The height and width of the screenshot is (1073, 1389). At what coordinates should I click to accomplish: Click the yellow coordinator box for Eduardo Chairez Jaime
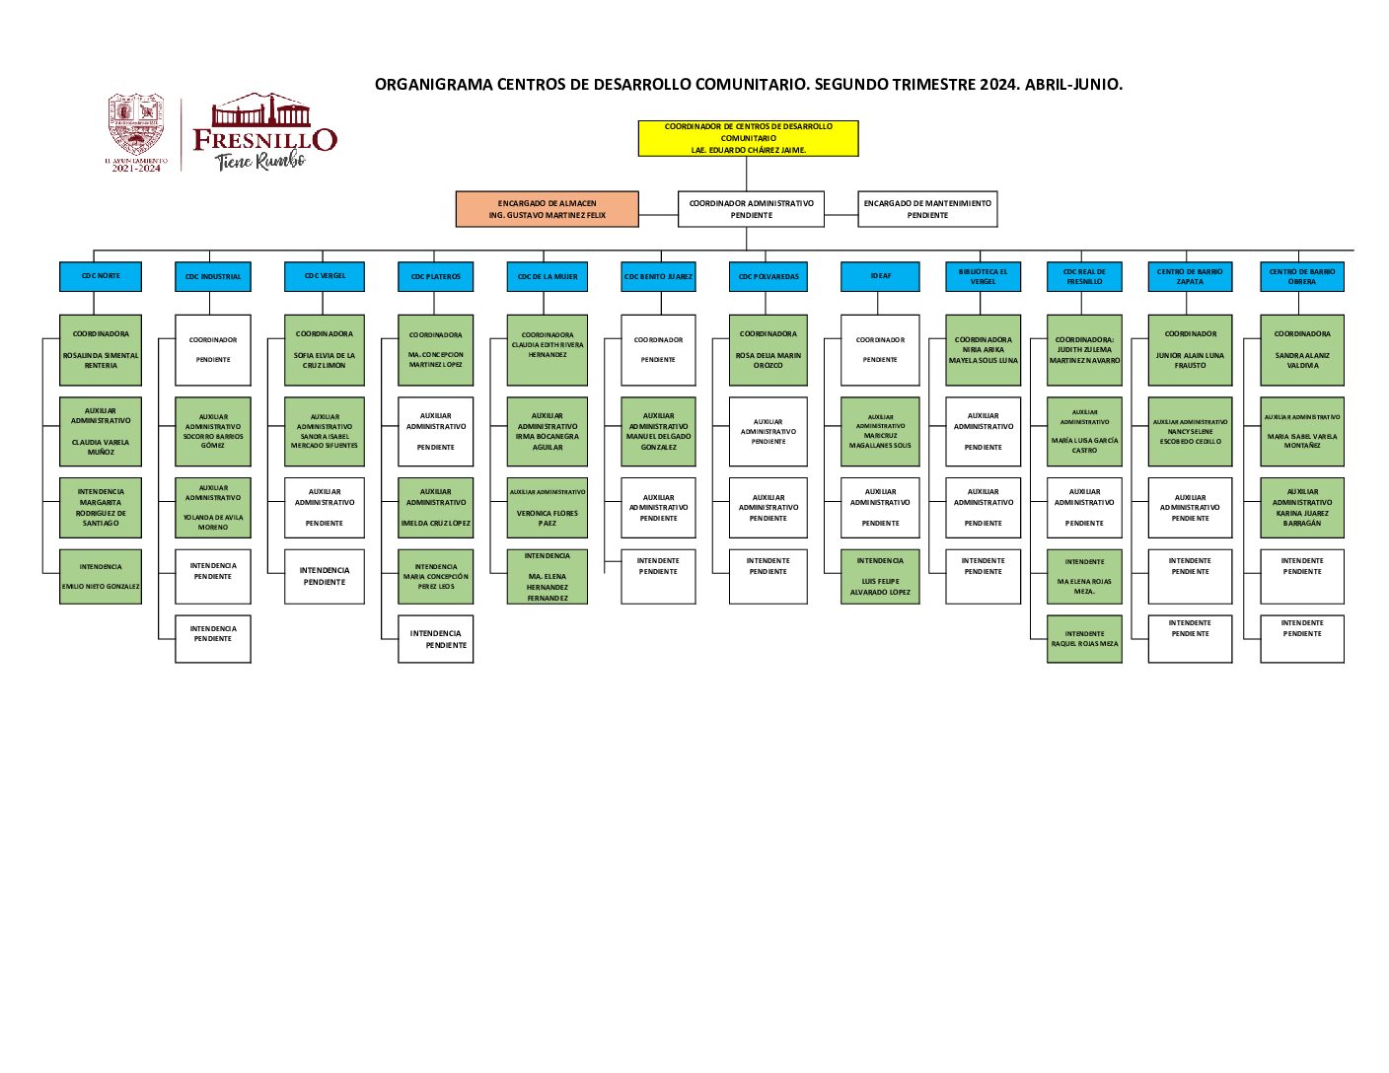(x=748, y=138)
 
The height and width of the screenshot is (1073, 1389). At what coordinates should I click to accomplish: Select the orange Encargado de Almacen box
(x=547, y=209)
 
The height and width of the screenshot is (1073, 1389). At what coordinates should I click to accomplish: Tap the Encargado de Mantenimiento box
(x=927, y=209)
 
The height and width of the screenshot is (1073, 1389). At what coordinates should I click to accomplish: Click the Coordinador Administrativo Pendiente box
(x=751, y=209)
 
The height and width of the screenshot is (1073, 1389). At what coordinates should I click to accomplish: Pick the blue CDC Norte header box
(x=101, y=276)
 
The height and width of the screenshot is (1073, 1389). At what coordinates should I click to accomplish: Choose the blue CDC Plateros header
(x=435, y=276)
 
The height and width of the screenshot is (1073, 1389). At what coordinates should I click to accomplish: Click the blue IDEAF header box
(x=880, y=276)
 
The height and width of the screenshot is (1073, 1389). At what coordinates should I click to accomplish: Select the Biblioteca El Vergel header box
(x=983, y=276)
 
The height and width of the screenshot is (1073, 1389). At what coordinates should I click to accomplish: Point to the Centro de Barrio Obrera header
(x=1301, y=276)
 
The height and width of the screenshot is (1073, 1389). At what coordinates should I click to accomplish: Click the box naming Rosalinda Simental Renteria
(x=101, y=350)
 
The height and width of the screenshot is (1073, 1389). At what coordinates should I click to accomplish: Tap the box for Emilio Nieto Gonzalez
(x=101, y=576)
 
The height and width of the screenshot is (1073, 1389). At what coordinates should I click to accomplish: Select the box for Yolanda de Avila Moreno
(x=213, y=508)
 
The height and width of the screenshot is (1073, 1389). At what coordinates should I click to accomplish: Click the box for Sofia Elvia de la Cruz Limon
(x=324, y=350)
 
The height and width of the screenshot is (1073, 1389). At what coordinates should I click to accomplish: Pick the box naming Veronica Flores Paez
(x=547, y=508)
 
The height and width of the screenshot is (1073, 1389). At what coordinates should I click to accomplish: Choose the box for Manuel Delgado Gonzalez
(x=658, y=431)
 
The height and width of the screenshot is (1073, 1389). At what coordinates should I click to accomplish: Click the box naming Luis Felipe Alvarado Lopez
(x=880, y=576)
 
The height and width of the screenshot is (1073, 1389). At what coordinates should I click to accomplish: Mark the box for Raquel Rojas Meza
(x=1084, y=638)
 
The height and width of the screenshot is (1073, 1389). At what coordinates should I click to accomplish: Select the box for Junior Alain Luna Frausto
(x=1190, y=350)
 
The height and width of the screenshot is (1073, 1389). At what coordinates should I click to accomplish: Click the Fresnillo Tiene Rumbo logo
(x=264, y=133)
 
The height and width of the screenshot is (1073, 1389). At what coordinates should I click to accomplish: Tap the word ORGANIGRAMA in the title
(x=433, y=85)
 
